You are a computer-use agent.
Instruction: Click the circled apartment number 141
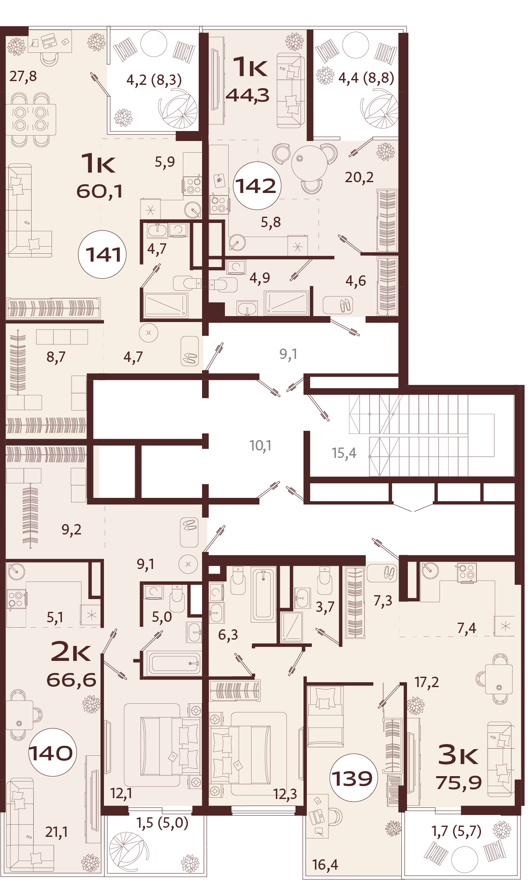[x=102, y=254]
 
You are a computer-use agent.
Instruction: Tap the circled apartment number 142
[x=257, y=186]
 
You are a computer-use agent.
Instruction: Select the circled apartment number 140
[x=52, y=752]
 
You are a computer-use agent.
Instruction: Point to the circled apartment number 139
[x=353, y=778]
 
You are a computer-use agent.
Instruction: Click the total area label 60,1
[x=99, y=192]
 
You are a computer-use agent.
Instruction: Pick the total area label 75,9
[x=459, y=782]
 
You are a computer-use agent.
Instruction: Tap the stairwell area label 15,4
[x=344, y=453]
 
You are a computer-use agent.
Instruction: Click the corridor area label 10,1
[x=260, y=446]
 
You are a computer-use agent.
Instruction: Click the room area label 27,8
[x=23, y=77]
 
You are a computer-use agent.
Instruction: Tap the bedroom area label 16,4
[x=325, y=865]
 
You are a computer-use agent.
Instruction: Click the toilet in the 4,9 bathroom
[x=223, y=285]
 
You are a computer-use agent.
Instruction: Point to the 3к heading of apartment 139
[x=458, y=754]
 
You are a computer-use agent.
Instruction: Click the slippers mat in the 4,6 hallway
[x=338, y=305]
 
